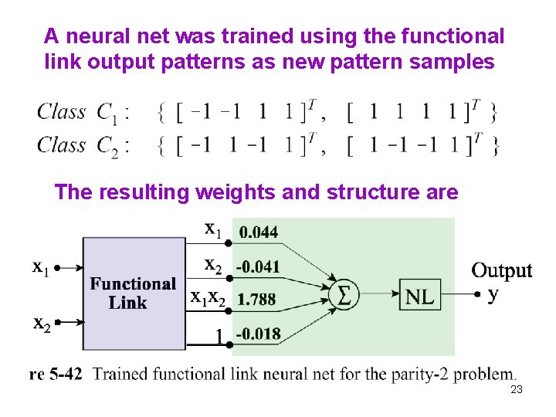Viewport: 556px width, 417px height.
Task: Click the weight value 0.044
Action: point(259,232)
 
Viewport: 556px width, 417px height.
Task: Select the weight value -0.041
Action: point(258,267)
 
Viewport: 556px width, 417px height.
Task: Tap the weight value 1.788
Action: point(257,300)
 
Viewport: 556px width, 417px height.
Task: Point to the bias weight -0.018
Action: point(258,334)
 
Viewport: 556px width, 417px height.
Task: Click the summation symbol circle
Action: point(344,294)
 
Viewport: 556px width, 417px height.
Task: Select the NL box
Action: point(419,294)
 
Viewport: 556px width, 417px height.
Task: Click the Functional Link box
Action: point(133,293)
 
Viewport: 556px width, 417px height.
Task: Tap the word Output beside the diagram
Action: point(502,270)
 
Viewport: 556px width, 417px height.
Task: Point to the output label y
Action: point(493,294)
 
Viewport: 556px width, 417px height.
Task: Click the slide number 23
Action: point(517,390)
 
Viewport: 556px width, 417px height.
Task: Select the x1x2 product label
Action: point(208,299)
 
